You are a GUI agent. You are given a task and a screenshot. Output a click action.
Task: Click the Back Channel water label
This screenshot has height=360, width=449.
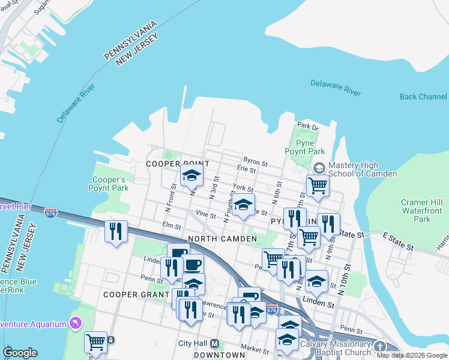click(x=423, y=97)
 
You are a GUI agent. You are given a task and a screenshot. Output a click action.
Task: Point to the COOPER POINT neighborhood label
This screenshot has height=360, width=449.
click(x=178, y=164)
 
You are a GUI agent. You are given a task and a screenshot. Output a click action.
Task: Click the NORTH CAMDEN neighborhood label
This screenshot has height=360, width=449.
click(x=223, y=239)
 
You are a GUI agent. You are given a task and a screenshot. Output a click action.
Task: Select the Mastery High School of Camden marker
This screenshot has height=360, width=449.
click(x=319, y=166)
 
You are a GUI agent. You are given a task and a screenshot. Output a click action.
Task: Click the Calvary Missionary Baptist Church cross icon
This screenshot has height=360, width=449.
click(x=379, y=346)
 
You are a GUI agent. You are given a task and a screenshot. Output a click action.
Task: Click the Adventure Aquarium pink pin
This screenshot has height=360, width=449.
click(x=75, y=324)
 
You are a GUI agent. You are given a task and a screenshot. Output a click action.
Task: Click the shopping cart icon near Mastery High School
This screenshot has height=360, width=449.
click(x=318, y=185)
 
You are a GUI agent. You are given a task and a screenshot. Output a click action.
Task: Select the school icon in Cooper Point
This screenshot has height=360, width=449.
click(x=192, y=175)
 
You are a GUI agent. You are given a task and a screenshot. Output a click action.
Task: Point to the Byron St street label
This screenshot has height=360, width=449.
click(x=255, y=163)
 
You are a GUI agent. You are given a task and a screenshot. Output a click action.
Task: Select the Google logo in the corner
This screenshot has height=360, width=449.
click(x=20, y=353)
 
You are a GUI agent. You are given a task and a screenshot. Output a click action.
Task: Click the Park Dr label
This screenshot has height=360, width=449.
click(x=307, y=126)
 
